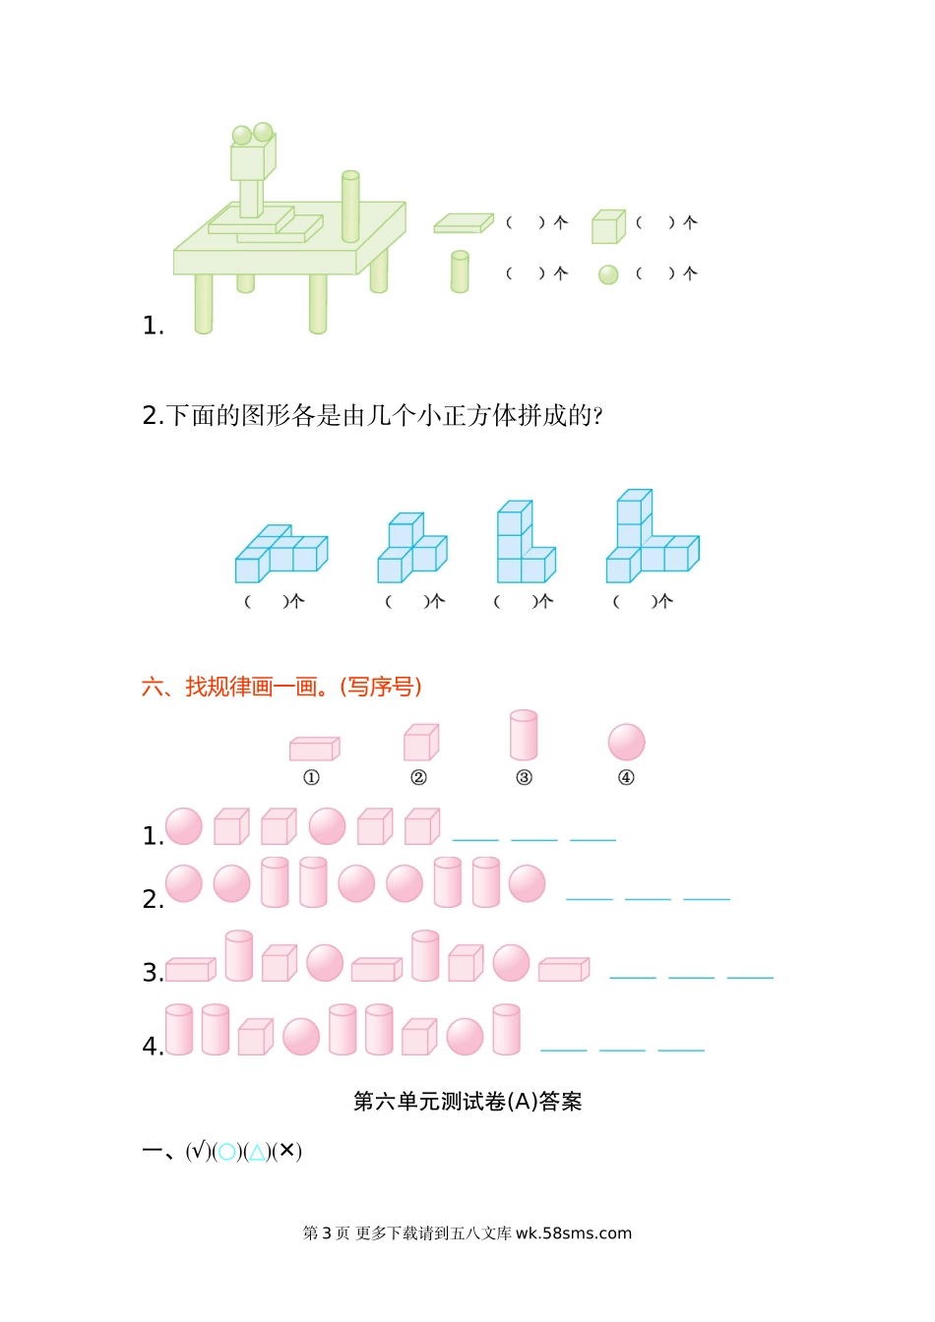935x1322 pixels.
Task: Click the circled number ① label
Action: [311, 777]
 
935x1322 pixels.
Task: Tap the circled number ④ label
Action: [626, 777]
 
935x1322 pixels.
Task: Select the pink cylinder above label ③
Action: [524, 736]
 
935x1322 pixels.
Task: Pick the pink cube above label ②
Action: [421, 743]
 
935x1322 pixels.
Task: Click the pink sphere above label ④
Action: [626, 742]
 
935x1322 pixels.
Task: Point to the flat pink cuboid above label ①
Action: [314, 750]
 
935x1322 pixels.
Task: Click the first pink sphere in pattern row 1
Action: [184, 826]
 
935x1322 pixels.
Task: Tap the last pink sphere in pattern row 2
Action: [528, 883]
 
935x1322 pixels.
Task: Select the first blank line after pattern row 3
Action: [633, 976]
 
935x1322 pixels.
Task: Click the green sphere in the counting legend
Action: [608, 274]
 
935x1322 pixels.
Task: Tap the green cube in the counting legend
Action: [608, 226]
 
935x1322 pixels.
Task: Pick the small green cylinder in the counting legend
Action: [460, 271]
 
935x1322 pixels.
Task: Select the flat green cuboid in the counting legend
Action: [464, 223]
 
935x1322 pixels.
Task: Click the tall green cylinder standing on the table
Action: [350, 207]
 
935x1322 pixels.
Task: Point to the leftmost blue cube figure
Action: [280, 553]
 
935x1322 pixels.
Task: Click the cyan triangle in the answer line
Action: [257, 1152]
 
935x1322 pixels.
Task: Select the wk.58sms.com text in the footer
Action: [574, 1232]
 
